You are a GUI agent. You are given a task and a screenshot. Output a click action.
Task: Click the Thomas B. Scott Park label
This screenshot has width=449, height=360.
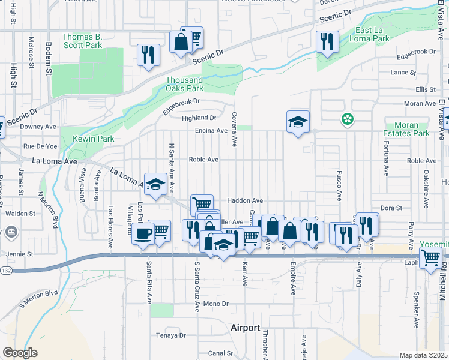[x=82, y=41]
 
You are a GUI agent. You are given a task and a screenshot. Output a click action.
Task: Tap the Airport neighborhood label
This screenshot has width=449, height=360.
[x=246, y=328]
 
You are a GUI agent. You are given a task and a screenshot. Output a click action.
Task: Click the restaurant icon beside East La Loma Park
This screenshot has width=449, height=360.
[x=327, y=42]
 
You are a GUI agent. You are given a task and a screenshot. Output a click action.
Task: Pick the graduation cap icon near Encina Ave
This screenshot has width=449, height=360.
[x=298, y=122]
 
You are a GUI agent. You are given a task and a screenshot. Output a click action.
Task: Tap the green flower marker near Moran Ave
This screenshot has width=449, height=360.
[x=347, y=119]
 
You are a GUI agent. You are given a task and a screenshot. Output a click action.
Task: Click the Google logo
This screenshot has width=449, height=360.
[x=20, y=353]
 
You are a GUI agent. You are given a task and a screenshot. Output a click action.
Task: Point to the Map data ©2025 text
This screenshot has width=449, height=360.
[x=423, y=355]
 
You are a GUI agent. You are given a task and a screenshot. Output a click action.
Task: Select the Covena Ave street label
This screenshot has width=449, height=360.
[x=234, y=129]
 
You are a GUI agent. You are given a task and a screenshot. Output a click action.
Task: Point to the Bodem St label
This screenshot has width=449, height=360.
[x=47, y=59]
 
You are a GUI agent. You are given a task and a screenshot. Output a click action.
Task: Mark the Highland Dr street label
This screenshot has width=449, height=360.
[x=200, y=118]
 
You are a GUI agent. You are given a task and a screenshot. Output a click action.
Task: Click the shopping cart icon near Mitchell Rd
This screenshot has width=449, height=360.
[x=430, y=258]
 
